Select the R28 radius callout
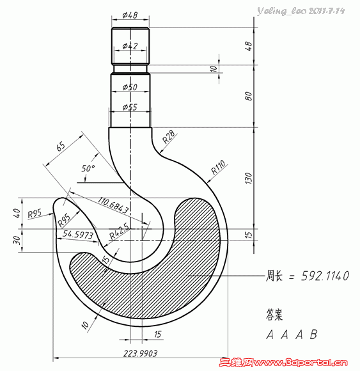169,136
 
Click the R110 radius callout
219,170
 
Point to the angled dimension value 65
61,146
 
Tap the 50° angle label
88,168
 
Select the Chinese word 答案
274,315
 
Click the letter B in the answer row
313,334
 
